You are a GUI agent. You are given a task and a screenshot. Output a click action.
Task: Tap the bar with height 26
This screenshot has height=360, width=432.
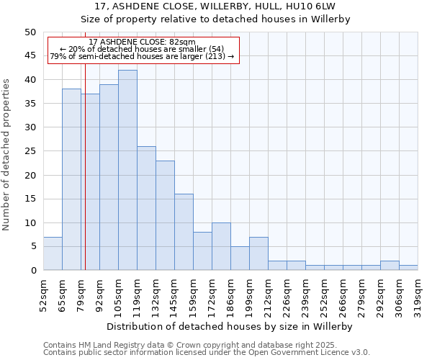pos(146,208)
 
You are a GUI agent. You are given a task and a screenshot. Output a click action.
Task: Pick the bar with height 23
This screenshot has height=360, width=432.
pos(165,215)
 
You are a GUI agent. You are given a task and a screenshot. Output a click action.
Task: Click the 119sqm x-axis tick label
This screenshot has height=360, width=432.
pos(137,294)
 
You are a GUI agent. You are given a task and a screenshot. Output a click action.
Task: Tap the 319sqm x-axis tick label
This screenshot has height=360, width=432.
pos(418,294)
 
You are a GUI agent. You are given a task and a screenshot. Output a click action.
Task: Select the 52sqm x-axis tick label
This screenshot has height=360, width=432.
pos(43,294)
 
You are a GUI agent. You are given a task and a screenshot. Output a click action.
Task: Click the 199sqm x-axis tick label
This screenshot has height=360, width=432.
pos(249,294)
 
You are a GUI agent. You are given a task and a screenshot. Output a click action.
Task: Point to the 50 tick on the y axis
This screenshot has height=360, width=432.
pos(30,32)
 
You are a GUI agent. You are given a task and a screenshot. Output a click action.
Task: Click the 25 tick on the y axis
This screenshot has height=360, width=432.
pos(30,151)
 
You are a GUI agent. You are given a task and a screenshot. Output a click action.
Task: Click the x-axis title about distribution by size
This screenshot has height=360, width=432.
pos(230,326)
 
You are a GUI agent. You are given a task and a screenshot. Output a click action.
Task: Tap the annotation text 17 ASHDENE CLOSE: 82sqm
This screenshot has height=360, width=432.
pos(142,42)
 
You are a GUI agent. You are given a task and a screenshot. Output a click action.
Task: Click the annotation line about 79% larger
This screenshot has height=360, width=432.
pos(142,57)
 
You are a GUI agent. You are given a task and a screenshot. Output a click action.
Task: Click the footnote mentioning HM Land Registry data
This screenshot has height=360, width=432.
pos(190,345)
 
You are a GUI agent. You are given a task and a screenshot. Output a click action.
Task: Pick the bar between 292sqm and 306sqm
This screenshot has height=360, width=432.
pos(390,266)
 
